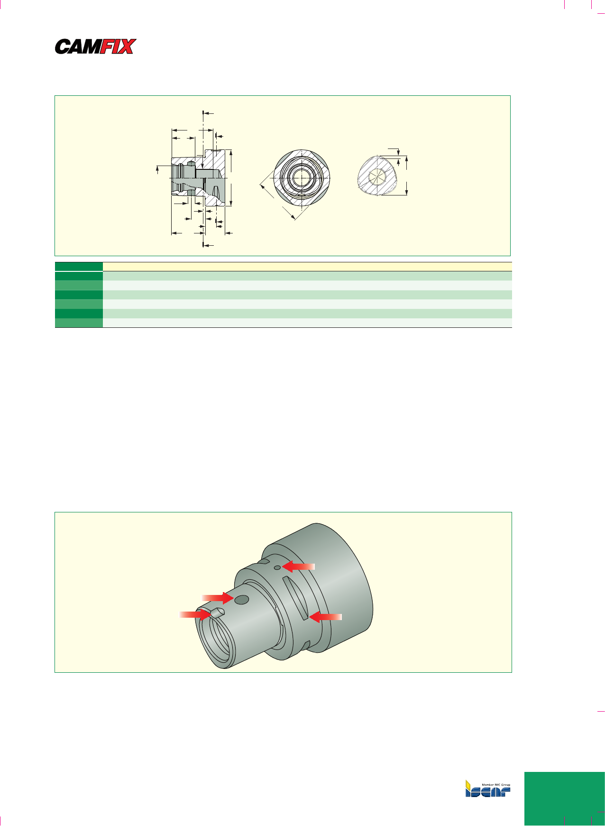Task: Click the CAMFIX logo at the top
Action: point(96,46)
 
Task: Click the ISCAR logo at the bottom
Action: point(487,788)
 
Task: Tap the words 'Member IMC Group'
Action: point(496,785)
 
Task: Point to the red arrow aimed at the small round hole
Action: point(298,566)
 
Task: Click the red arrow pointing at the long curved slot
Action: point(325,617)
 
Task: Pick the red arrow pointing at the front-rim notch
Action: point(195,615)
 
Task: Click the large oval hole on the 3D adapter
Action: point(242,600)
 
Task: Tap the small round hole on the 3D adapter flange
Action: point(277,567)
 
